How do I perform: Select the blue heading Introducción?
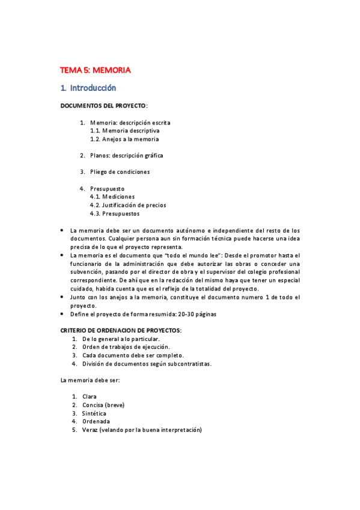click(93, 88)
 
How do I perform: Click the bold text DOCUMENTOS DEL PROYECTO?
click(103, 106)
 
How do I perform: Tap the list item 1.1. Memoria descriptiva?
click(125, 131)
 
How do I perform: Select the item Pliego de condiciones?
click(120, 171)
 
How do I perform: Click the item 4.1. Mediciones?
click(112, 197)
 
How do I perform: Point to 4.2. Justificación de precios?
click(128, 205)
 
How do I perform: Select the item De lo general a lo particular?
click(121, 339)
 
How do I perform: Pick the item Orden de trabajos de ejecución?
click(126, 347)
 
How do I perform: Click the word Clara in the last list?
click(90, 397)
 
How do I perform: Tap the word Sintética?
click(94, 414)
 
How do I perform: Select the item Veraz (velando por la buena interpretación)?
click(142, 430)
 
